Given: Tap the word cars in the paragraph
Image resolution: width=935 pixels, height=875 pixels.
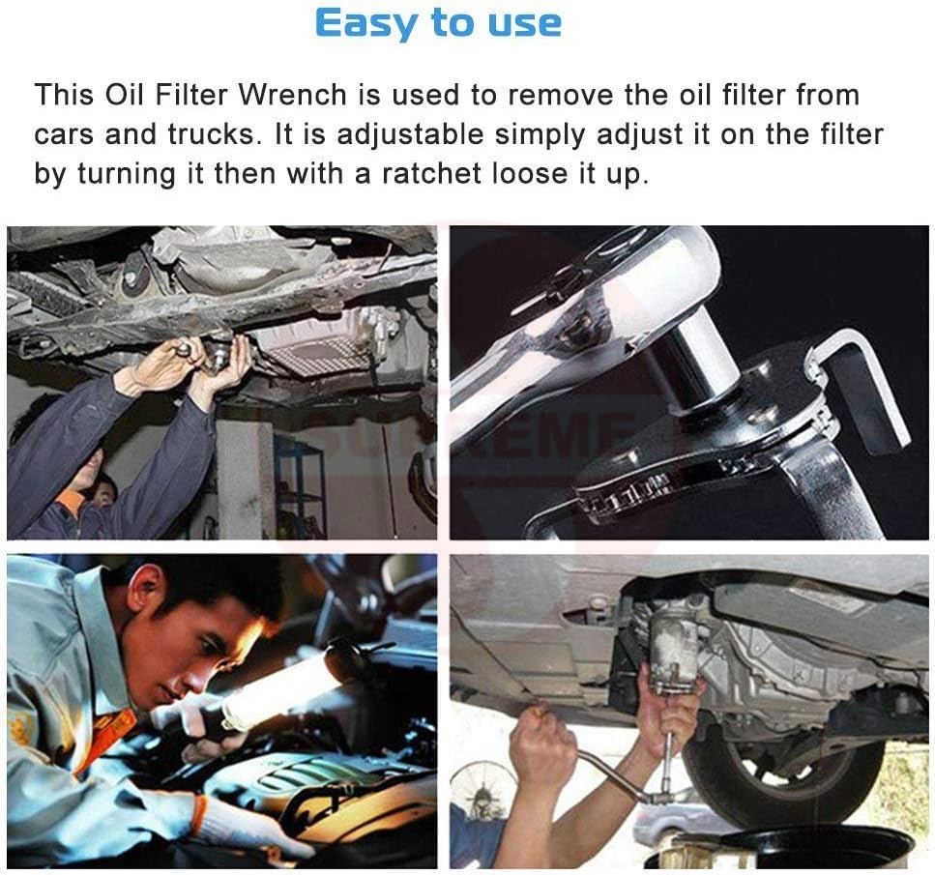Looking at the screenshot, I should (64, 133).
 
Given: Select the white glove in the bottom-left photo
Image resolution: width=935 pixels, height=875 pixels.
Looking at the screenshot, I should (242, 822).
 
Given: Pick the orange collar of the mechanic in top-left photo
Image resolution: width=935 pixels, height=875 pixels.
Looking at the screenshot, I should (71, 502).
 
